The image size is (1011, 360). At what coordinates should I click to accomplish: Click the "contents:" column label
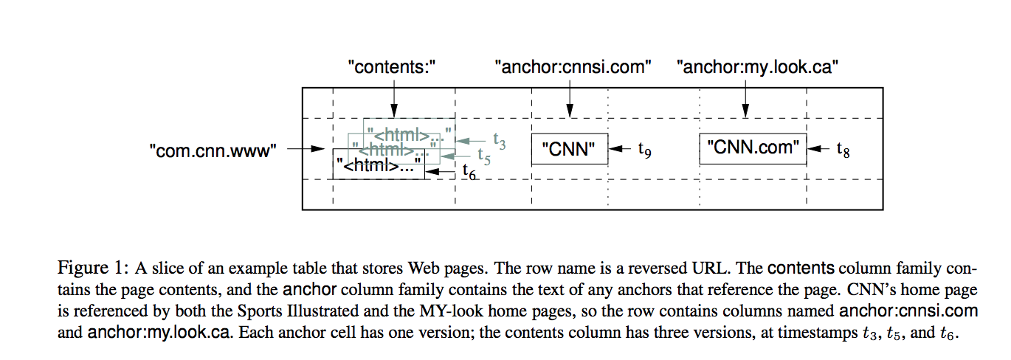pos(393,68)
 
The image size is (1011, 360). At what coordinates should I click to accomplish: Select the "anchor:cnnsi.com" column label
pos(573,68)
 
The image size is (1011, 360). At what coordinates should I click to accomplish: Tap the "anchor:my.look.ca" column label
pos(757,68)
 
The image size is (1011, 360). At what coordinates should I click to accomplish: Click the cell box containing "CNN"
pos(569,150)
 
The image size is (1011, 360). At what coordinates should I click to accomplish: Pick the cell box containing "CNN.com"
pos(753,148)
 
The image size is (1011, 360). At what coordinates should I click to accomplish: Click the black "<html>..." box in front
pos(379,167)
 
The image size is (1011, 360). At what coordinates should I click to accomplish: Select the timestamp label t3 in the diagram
pos(499,140)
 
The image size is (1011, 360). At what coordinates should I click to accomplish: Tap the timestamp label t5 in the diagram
pos(483,156)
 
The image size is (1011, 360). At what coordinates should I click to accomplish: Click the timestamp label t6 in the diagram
pos(469,171)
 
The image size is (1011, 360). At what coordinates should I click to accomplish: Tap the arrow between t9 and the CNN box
pos(621,149)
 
